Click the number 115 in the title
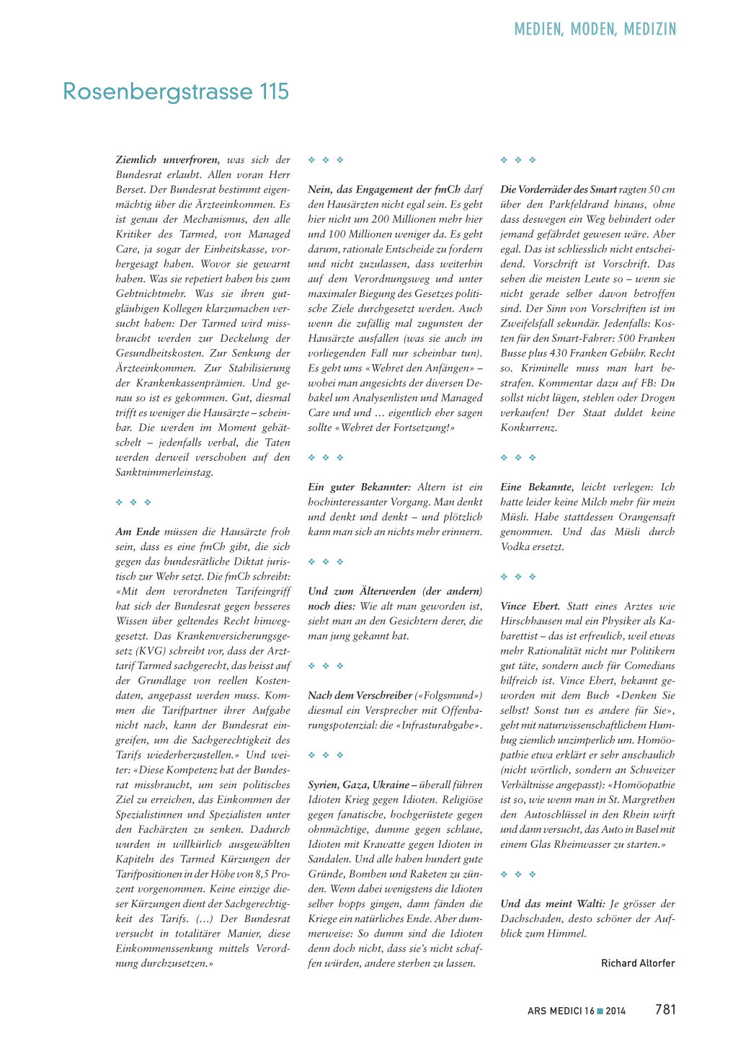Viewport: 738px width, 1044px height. (x=275, y=92)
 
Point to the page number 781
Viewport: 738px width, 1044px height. (x=665, y=1009)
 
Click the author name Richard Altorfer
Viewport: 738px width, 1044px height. (x=638, y=963)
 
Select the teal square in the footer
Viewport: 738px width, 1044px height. (x=600, y=1011)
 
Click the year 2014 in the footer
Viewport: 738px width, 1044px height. (x=615, y=1011)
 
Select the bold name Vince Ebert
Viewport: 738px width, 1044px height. (x=530, y=606)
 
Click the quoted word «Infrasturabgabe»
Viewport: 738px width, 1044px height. (x=442, y=725)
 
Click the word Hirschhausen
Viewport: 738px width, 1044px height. (x=533, y=621)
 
